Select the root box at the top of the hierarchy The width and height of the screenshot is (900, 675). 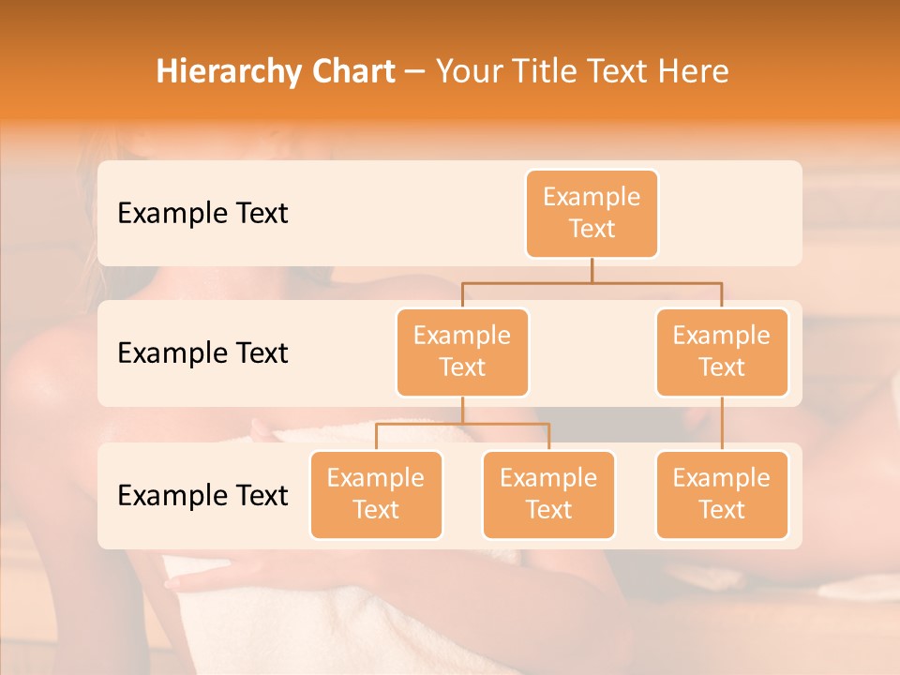592,214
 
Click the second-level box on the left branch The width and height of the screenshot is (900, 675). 462,352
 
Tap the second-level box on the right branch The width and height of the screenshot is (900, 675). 722,352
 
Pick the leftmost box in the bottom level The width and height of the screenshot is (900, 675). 376,495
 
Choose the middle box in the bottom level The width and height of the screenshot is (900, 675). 548,495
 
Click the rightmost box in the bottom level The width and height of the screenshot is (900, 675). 722,495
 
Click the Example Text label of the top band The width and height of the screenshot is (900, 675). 202,214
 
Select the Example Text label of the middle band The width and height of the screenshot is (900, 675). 202,353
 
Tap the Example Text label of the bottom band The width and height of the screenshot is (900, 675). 202,495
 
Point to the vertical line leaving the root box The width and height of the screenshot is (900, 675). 592,270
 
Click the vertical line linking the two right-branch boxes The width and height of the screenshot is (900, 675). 722,424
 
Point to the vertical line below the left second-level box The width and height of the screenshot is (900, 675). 462,410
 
